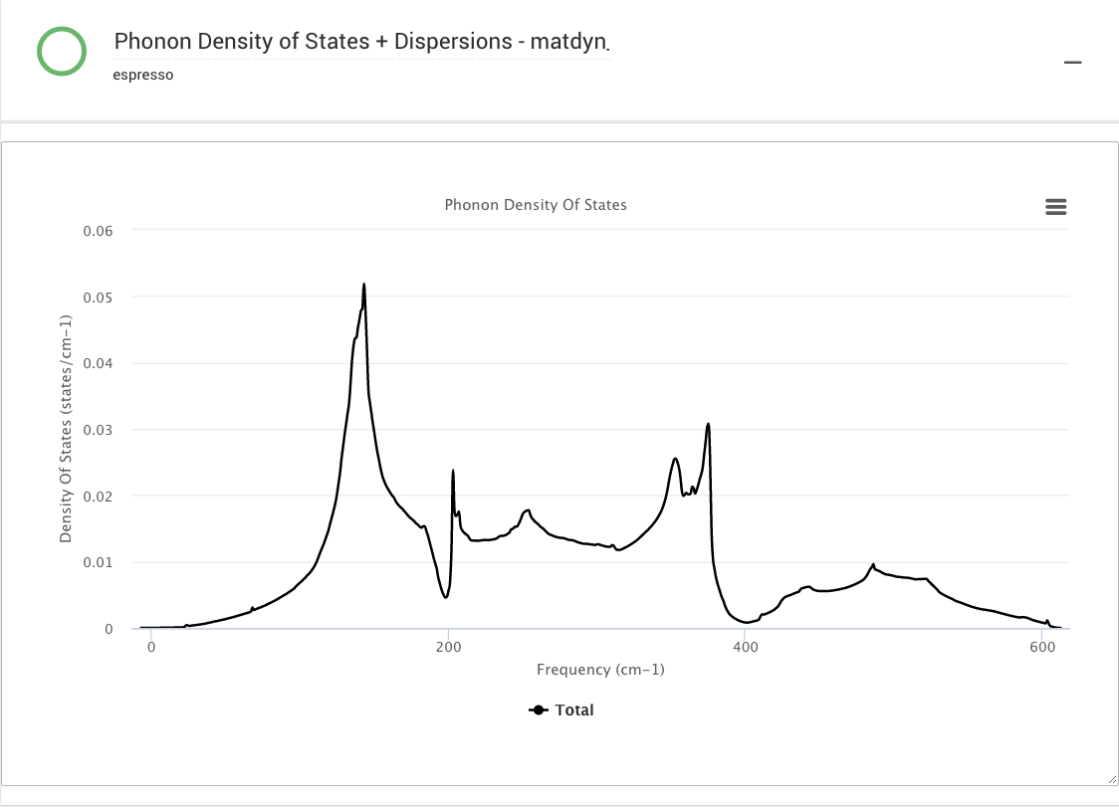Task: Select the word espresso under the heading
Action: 143,75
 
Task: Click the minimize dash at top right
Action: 1072,63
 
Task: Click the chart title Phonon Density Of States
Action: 536,205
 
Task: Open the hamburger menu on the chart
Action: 1056,206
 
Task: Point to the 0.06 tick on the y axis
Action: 98,231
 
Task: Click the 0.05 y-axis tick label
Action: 98,298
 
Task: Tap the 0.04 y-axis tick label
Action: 98,363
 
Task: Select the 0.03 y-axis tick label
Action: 98,430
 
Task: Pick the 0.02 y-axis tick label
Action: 98,497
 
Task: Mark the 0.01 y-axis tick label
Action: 98,563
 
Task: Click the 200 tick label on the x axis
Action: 449,647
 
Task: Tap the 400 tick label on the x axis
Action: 746,647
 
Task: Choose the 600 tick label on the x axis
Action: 1042,647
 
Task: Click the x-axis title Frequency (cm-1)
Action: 600,670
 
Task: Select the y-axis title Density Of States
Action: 66,429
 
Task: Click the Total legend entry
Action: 562,710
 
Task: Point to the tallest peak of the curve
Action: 364,285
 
